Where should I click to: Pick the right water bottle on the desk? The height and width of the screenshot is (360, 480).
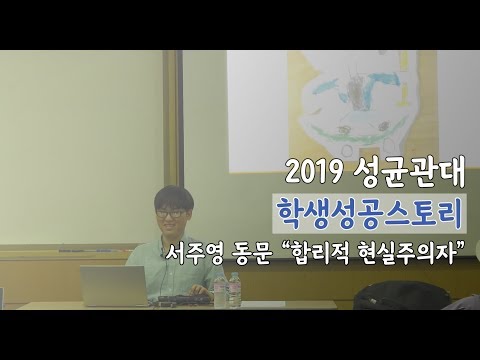[235, 289]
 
